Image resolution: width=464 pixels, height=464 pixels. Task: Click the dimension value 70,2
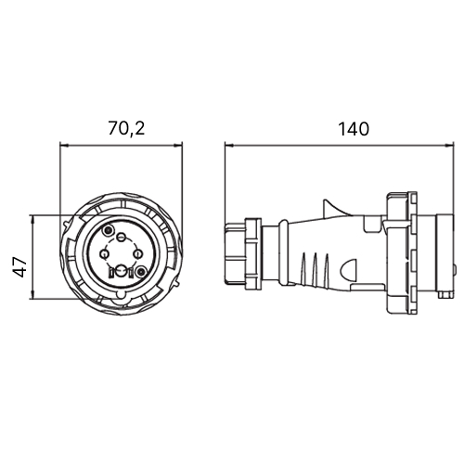click(126, 129)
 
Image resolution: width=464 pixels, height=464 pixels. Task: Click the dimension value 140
click(354, 129)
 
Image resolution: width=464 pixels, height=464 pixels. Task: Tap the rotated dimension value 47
click(20, 266)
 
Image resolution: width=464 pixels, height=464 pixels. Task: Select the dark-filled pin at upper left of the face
click(109, 230)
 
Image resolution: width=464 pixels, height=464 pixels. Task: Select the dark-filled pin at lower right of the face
click(141, 272)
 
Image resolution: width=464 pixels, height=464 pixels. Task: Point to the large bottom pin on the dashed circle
click(122, 271)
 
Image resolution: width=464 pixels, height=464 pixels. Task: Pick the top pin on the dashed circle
click(122, 238)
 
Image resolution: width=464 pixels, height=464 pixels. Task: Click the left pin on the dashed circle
click(105, 254)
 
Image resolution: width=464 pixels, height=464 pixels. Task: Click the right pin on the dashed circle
click(138, 254)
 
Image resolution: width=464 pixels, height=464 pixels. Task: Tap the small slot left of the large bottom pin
click(111, 273)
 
